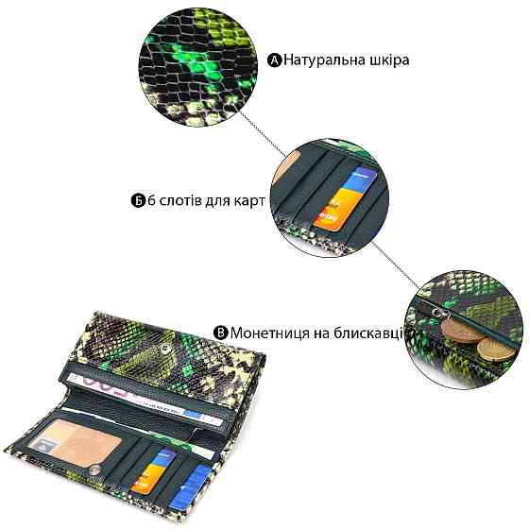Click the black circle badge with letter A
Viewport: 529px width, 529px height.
[274, 60]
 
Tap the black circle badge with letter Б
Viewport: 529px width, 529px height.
[138, 200]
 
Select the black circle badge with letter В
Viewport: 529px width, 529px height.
[221, 333]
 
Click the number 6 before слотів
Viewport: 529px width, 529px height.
[152, 200]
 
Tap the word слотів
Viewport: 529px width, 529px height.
[179, 200]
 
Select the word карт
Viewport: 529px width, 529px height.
[249, 201]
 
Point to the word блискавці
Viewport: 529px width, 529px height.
[368, 333]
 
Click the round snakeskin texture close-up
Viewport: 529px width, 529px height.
[198, 67]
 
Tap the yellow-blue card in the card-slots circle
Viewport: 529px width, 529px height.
[345, 198]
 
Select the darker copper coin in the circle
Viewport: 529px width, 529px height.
[463, 331]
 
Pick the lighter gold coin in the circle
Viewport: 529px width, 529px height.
[496, 350]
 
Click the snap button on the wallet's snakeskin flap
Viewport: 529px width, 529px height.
[165, 350]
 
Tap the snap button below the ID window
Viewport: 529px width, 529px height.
[95, 469]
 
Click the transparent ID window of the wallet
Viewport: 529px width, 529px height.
[75, 438]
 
